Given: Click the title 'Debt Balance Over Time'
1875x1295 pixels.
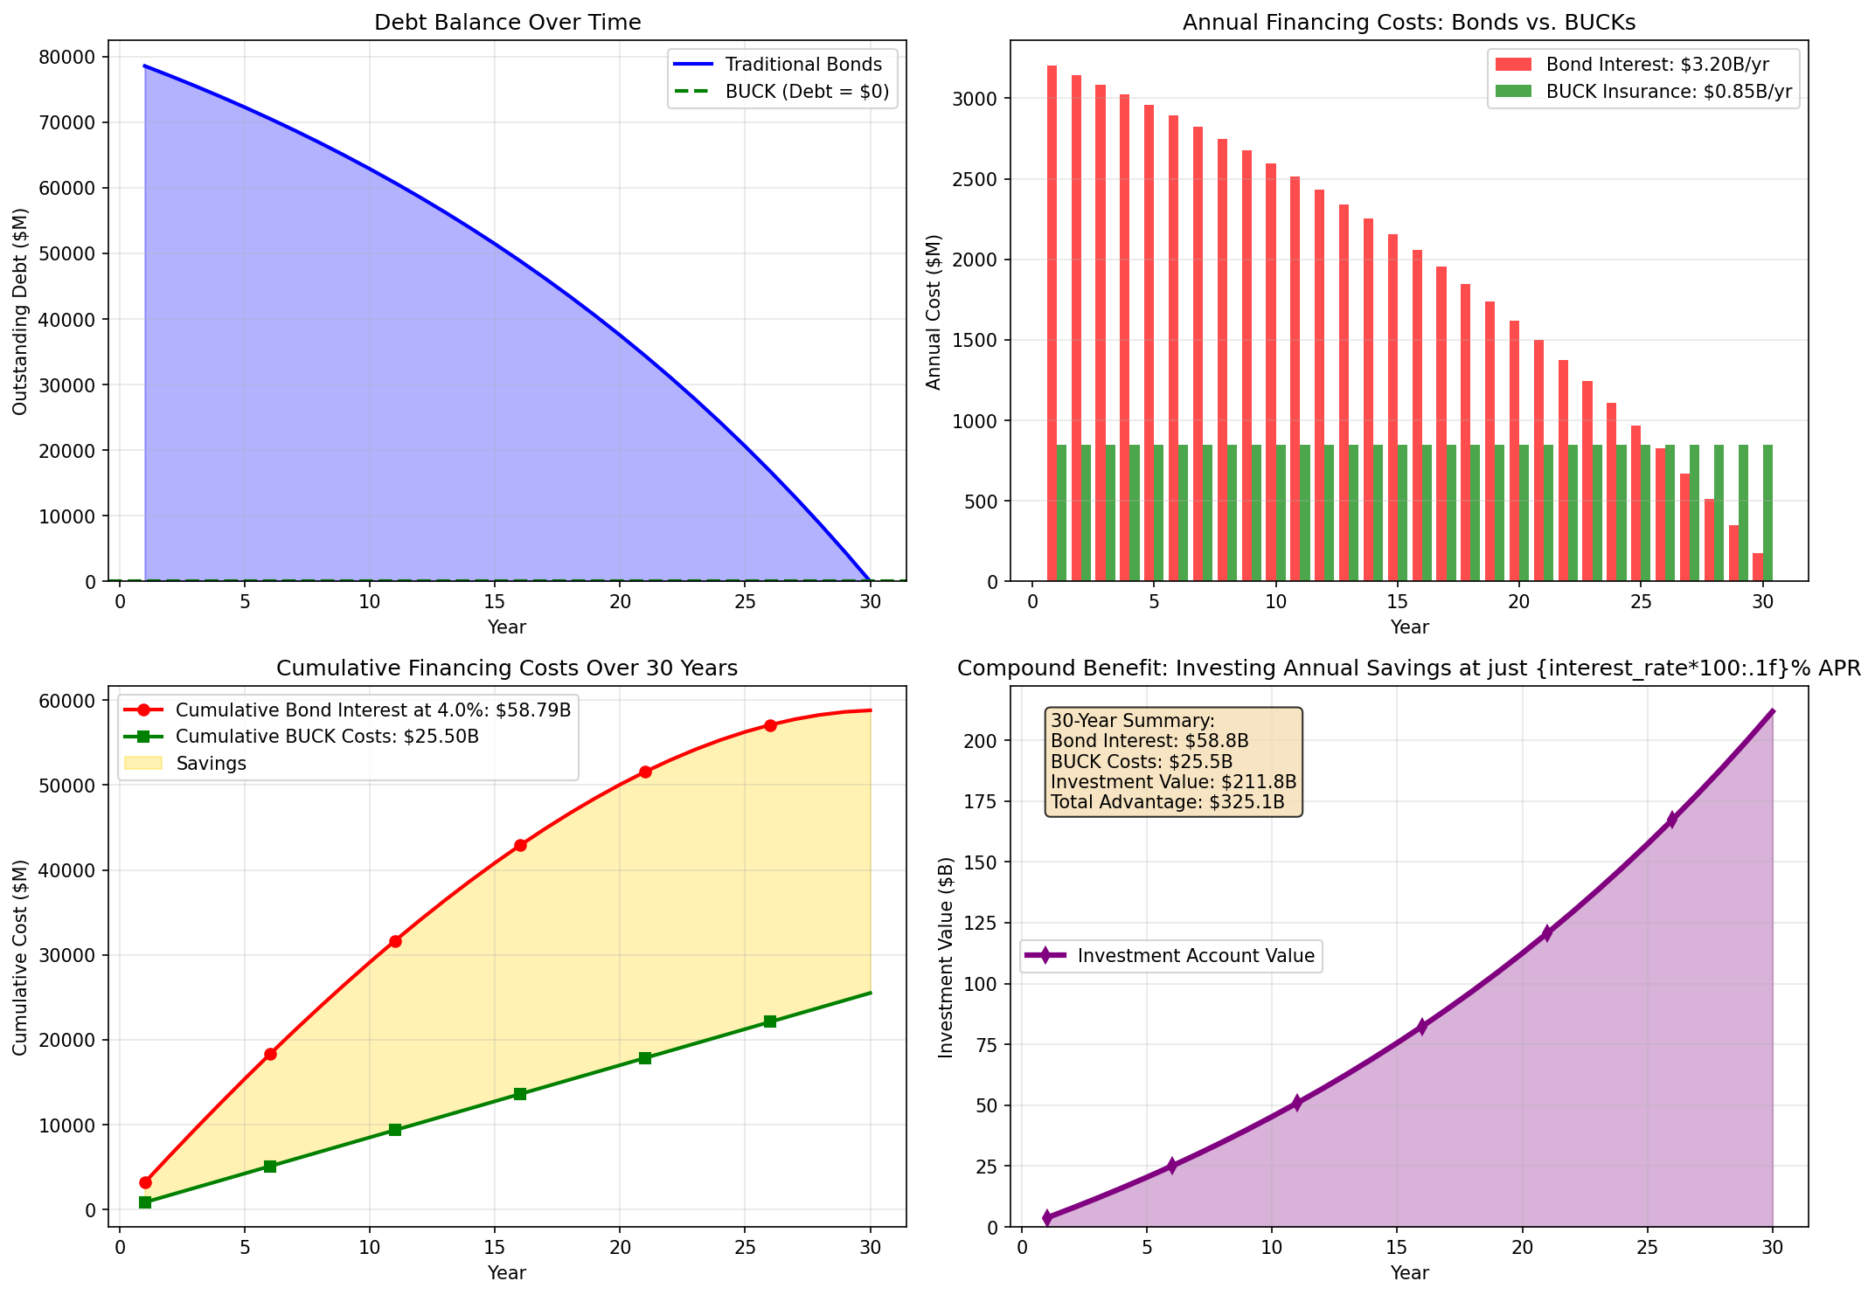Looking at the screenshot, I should [507, 23].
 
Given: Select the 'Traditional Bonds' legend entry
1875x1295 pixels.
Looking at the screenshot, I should [802, 65].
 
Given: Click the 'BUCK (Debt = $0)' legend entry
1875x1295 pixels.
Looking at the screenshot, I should [806, 92].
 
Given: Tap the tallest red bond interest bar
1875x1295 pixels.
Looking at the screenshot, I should [1052, 323].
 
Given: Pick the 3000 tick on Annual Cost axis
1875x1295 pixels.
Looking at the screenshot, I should [999, 99].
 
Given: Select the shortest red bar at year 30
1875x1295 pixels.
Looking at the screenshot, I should [1757, 567].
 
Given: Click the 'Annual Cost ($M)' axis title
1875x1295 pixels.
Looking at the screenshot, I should [934, 312].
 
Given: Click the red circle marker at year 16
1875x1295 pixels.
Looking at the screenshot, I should [520, 845].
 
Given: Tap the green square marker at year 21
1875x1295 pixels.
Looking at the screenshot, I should [645, 1058].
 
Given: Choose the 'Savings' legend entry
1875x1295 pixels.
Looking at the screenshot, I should [211, 763].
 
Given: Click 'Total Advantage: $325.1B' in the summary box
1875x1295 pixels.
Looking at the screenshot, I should [1167, 802].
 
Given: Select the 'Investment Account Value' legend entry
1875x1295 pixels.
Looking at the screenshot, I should [1195, 956].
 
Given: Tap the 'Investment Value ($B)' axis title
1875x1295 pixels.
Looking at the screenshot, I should [945, 957].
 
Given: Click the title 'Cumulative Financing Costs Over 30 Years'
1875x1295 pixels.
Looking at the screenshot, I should [507, 668].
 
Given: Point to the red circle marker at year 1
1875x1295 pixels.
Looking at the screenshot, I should [145, 1182].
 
